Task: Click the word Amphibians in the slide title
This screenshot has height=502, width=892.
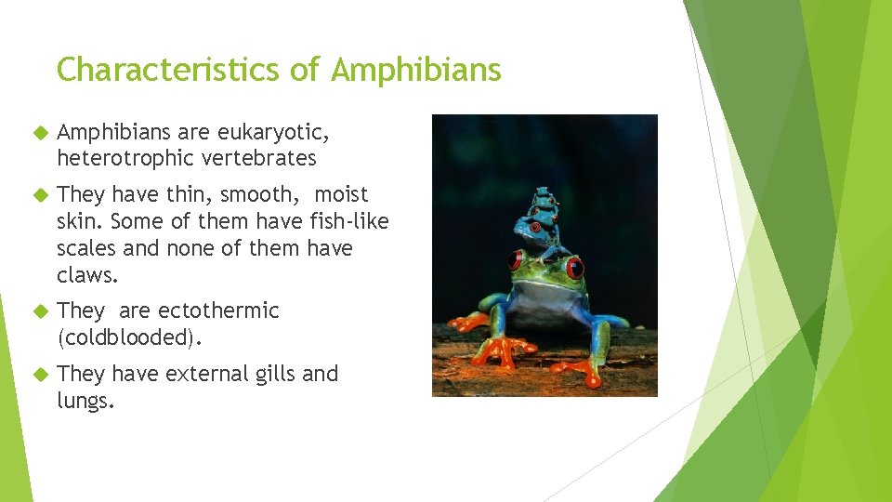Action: click(416, 70)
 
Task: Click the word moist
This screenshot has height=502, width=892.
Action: click(341, 195)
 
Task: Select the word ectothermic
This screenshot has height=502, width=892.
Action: click(218, 310)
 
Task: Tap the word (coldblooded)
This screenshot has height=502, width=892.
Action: click(128, 337)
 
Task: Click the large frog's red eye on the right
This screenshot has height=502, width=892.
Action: click(576, 269)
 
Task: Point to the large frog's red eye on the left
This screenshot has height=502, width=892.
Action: click(516, 260)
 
